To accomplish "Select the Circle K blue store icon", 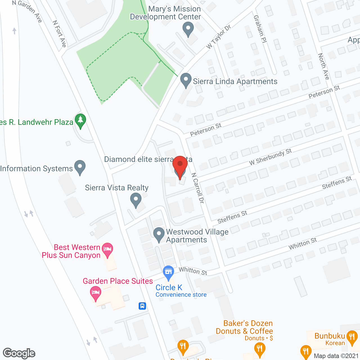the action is tap(168, 272).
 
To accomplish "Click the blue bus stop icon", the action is tap(142, 306).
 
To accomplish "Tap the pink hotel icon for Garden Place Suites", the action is tap(96, 293).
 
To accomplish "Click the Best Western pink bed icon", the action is tap(107, 249).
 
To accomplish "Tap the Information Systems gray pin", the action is tap(80, 167).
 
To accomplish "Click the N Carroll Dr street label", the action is tap(198, 188).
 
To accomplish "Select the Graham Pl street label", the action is tap(260, 29).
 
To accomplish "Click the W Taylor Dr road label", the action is tap(219, 37).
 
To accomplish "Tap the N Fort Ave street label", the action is tap(59, 34).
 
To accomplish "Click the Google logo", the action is tap(19, 353).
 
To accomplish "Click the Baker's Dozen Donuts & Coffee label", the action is tap(244, 327).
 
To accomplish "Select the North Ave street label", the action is tap(323, 66).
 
